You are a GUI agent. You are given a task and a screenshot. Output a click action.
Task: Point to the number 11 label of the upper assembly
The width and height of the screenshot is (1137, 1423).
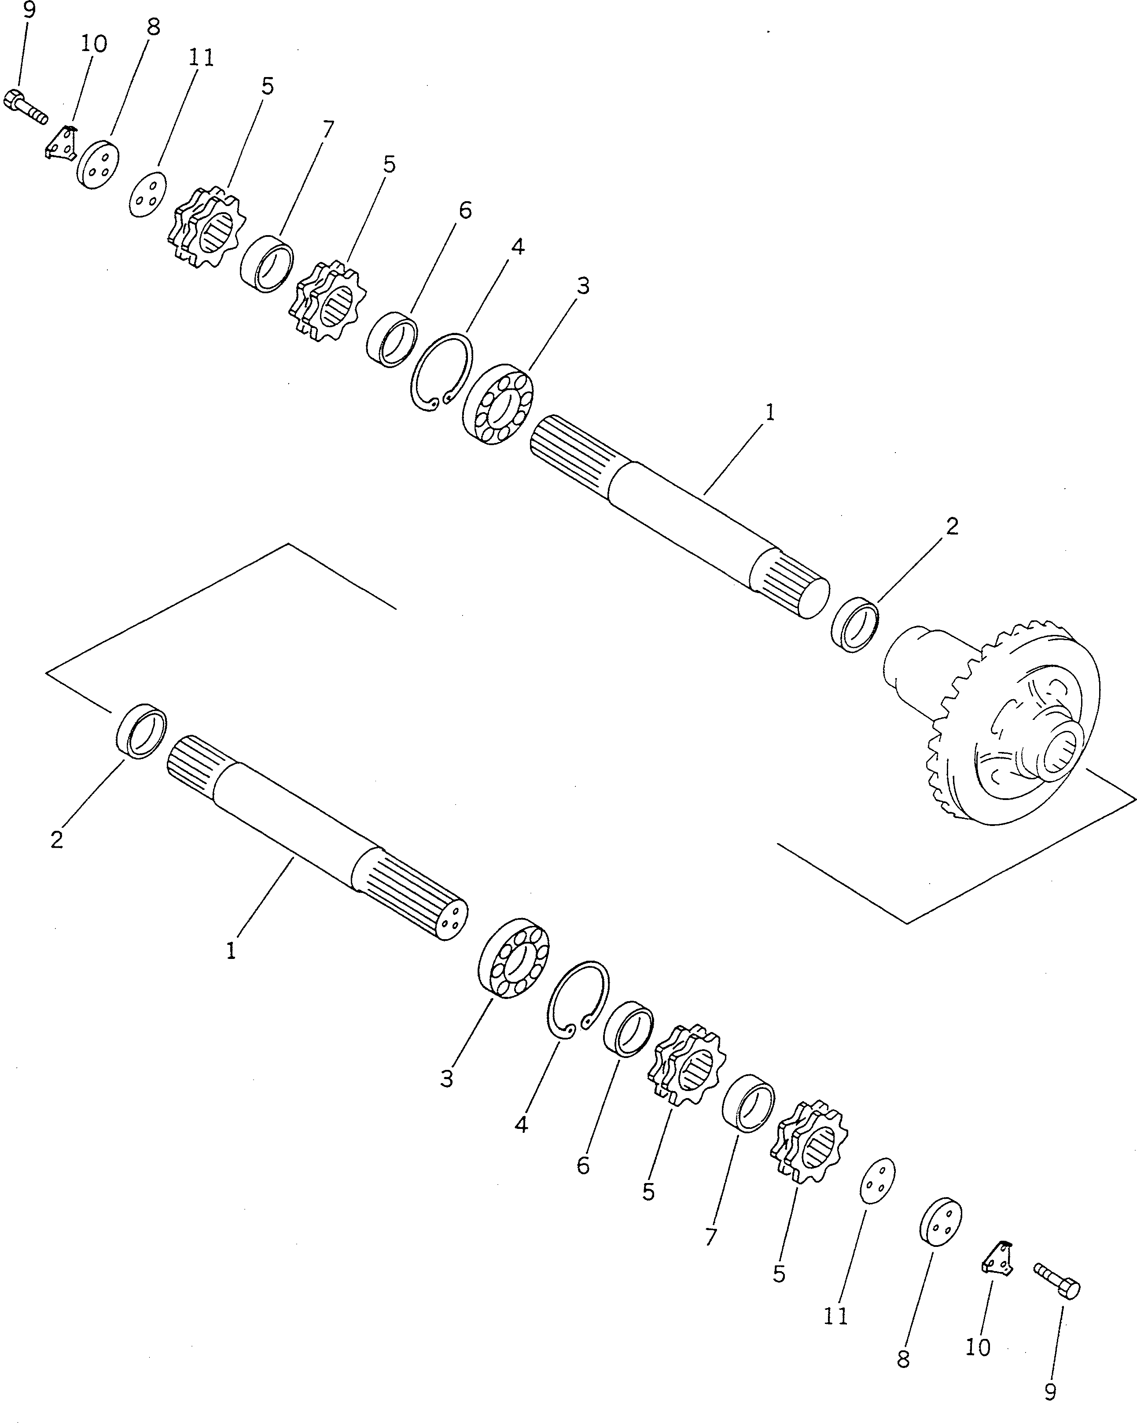(x=201, y=58)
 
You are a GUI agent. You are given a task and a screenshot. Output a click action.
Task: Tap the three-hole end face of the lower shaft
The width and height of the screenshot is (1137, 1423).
(x=453, y=920)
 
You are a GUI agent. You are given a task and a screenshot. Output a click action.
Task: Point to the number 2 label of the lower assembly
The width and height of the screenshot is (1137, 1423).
(x=57, y=840)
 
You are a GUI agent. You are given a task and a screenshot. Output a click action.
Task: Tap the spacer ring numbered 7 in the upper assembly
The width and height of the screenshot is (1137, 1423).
(x=267, y=263)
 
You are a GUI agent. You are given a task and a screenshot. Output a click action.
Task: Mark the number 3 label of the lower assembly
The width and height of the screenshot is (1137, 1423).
(x=447, y=1079)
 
